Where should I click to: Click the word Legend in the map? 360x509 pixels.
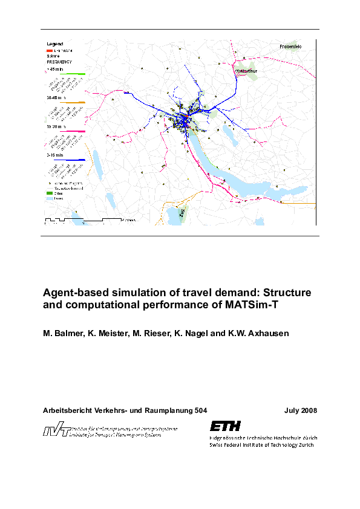55,44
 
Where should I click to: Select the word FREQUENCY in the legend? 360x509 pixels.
59,62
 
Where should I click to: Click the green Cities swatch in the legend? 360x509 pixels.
50,193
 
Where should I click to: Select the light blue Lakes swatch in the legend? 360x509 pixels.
50,198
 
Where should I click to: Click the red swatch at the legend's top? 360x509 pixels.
50,50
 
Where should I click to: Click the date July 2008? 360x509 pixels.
301,410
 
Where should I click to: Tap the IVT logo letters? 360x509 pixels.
54,431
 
